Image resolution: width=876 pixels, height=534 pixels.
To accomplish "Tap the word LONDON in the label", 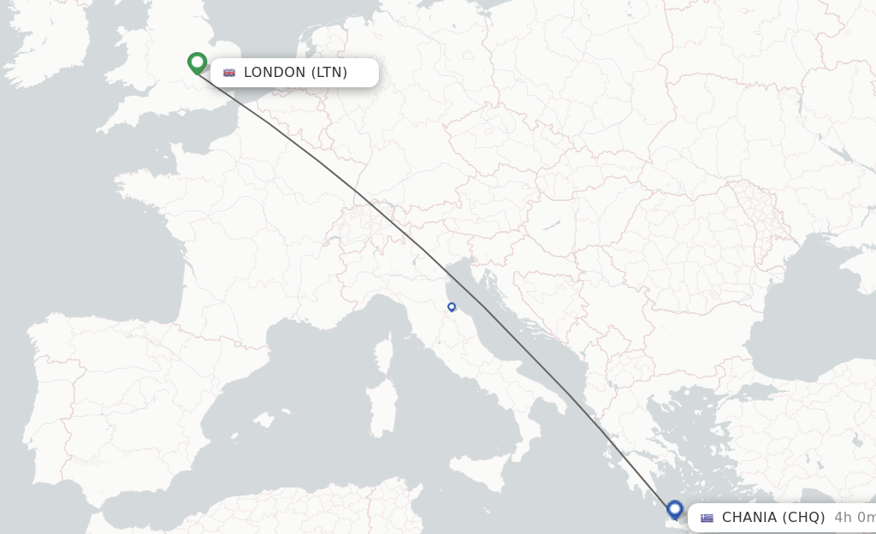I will (274, 72).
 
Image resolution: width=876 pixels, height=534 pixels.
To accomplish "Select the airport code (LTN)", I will (328, 72).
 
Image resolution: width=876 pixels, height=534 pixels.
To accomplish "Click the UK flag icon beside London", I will (229, 73).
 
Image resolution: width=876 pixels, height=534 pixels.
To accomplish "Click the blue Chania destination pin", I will (675, 510).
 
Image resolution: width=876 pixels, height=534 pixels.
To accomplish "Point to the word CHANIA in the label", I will (750, 517).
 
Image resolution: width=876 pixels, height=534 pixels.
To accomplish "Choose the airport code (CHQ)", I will (804, 517).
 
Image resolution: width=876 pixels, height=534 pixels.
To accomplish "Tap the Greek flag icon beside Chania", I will (707, 518).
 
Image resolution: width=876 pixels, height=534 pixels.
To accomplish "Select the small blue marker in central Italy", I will (452, 306).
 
